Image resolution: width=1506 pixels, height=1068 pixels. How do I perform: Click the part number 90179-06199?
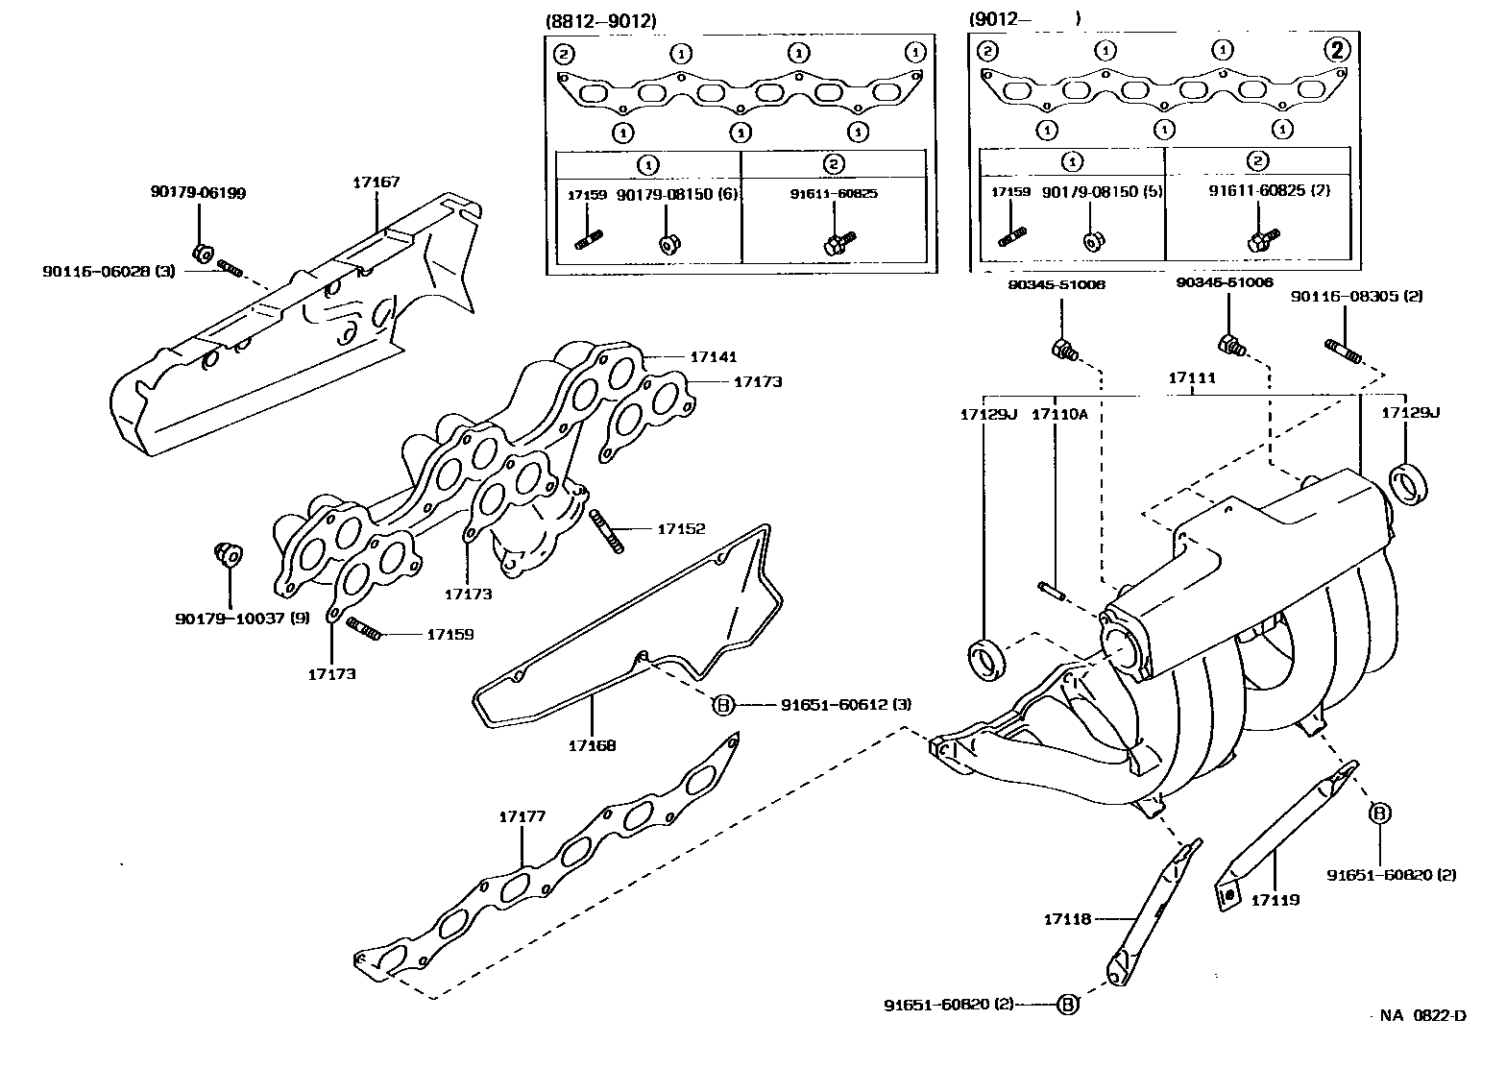pyautogui.click(x=198, y=193)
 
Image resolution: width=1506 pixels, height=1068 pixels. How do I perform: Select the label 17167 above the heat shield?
pyautogui.click(x=376, y=182)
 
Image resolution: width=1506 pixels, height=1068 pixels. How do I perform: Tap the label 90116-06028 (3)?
pyautogui.click(x=109, y=272)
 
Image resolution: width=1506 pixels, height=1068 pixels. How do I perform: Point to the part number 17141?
pyautogui.click(x=713, y=356)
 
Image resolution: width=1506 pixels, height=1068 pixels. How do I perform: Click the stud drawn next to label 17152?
pyautogui.click(x=607, y=531)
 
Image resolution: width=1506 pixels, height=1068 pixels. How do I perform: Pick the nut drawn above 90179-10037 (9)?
pyautogui.click(x=228, y=555)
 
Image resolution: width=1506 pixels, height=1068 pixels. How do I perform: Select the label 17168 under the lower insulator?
pyautogui.click(x=592, y=744)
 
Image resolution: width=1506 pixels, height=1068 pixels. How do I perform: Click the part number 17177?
pyautogui.click(x=522, y=816)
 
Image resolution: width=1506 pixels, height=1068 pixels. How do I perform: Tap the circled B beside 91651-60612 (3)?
pyautogui.click(x=722, y=705)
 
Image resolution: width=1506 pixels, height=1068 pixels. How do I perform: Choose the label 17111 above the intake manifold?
pyautogui.click(x=1192, y=378)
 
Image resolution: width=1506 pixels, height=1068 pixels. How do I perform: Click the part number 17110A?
pyautogui.click(x=1059, y=414)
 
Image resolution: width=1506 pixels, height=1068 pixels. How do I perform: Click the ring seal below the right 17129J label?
pyautogui.click(x=1408, y=481)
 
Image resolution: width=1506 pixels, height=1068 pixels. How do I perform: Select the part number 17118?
pyautogui.click(x=1067, y=919)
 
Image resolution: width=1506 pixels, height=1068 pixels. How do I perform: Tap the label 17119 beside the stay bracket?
pyautogui.click(x=1275, y=900)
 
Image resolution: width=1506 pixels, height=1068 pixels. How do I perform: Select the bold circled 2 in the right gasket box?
pyautogui.click(x=1337, y=51)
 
